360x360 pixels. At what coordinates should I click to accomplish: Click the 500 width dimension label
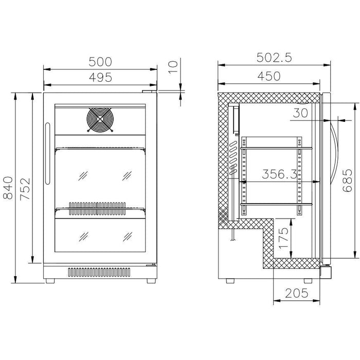100,62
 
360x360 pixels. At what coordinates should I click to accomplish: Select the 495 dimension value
101,77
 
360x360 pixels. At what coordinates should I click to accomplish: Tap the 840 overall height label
8,188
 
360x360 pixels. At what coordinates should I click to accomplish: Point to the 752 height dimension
25,189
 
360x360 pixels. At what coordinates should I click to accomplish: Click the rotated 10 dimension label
173,67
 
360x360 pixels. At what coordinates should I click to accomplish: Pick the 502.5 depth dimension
274,58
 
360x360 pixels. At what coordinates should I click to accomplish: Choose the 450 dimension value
269,76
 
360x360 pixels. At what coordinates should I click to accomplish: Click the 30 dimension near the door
300,113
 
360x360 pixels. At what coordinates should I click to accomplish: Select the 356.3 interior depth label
279,174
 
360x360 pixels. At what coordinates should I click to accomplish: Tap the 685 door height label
347,180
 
